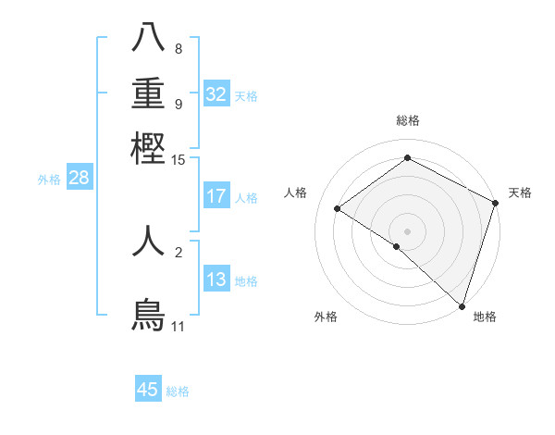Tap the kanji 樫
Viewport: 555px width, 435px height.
click(x=148, y=148)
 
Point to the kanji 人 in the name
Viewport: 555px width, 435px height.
click(x=148, y=241)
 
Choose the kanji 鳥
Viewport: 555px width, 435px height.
click(x=148, y=315)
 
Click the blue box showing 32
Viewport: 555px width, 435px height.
click(x=216, y=94)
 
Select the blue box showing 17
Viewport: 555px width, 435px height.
click(x=216, y=196)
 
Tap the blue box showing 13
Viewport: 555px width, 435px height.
click(x=216, y=280)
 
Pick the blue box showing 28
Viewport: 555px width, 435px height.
click(x=80, y=179)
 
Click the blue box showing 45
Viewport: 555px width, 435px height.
click(x=148, y=390)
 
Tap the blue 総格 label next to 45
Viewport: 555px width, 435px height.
click(x=178, y=391)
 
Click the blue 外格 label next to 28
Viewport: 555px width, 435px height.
click(x=49, y=180)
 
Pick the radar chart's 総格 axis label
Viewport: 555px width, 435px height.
click(x=407, y=120)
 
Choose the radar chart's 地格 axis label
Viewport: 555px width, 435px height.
click(x=485, y=317)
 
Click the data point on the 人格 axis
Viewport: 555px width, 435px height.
click(x=338, y=208)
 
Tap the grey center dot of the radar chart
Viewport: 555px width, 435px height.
click(x=407, y=230)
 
